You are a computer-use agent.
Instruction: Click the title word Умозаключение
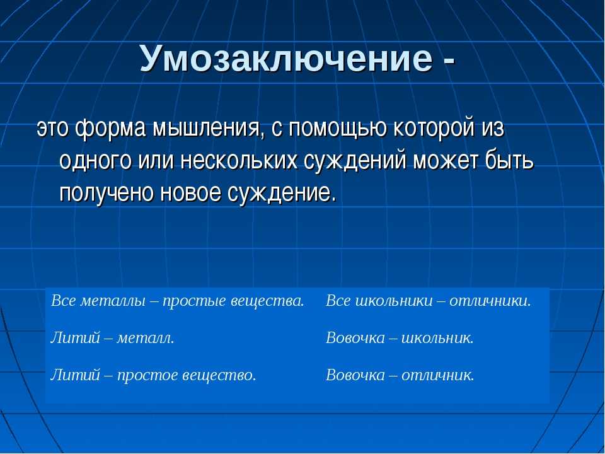tap(286, 58)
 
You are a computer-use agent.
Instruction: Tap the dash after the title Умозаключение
tap(449, 61)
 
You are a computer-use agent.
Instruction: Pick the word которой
tap(434, 128)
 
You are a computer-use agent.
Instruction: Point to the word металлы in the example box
tap(112, 301)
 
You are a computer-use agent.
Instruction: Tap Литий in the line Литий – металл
tap(75, 338)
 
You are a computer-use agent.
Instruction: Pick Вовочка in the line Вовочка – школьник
tap(355, 338)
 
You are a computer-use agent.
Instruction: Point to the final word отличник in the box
tap(437, 375)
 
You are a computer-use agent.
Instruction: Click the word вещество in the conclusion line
tap(219, 375)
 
